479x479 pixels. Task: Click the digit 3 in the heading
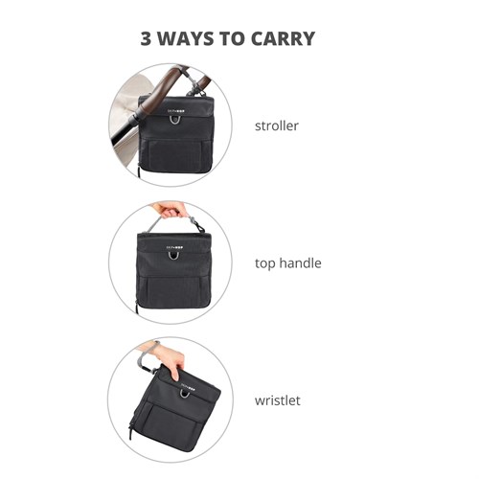click(x=146, y=38)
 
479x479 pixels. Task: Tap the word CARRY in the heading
click(x=283, y=38)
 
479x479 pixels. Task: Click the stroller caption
click(x=277, y=125)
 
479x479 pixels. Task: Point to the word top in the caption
click(x=264, y=263)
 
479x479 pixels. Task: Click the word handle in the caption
click(x=300, y=262)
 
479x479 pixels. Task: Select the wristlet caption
click(x=278, y=400)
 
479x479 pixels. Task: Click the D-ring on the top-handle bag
click(x=174, y=257)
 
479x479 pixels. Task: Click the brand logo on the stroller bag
click(x=176, y=111)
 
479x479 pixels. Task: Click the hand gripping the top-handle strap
click(x=167, y=211)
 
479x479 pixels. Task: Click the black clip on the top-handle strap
click(x=200, y=226)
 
